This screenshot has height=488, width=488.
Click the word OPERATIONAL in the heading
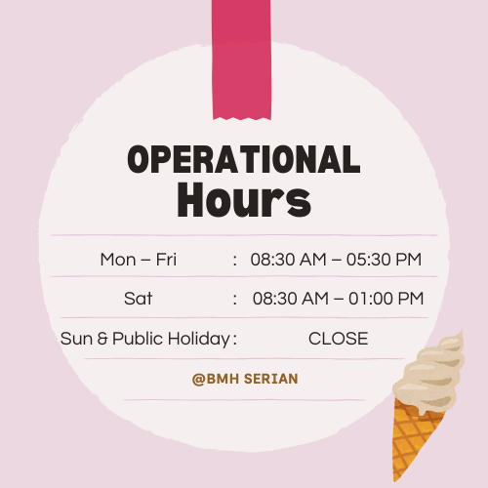pyautogui.click(x=244, y=159)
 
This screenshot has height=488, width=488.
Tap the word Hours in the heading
pyautogui.click(x=244, y=200)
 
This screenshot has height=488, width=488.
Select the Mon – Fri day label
pyautogui.click(x=139, y=260)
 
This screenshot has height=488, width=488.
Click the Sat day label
pyautogui.click(x=138, y=299)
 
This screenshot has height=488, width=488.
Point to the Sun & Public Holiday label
pyautogui.click(x=145, y=339)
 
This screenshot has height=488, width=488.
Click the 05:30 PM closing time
pyautogui.click(x=384, y=260)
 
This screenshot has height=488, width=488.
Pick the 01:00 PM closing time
pyautogui.click(x=386, y=299)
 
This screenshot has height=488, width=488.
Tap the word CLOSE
pyautogui.click(x=339, y=339)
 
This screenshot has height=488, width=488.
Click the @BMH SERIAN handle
pyautogui.click(x=245, y=379)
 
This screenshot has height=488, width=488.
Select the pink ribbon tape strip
pyautogui.click(x=241, y=60)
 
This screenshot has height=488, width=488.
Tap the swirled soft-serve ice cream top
pyautogui.click(x=429, y=373)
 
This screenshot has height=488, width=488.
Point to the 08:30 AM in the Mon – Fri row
pyautogui.click(x=288, y=260)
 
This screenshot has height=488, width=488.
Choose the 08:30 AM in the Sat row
pyautogui.click(x=291, y=299)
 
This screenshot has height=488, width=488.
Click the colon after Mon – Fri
pyautogui.click(x=235, y=261)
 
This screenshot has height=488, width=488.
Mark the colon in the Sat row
pyautogui.click(x=235, y=300)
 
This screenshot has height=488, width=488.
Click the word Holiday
pyautogui.click(x=199, y=339)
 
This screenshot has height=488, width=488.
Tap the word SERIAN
pyautogui.click(x=271, y=379)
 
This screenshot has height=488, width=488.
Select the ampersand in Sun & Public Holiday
pyautogui.click(x=102, y=339)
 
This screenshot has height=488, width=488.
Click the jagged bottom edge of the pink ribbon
pyautogui.click(x=242, y=118)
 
